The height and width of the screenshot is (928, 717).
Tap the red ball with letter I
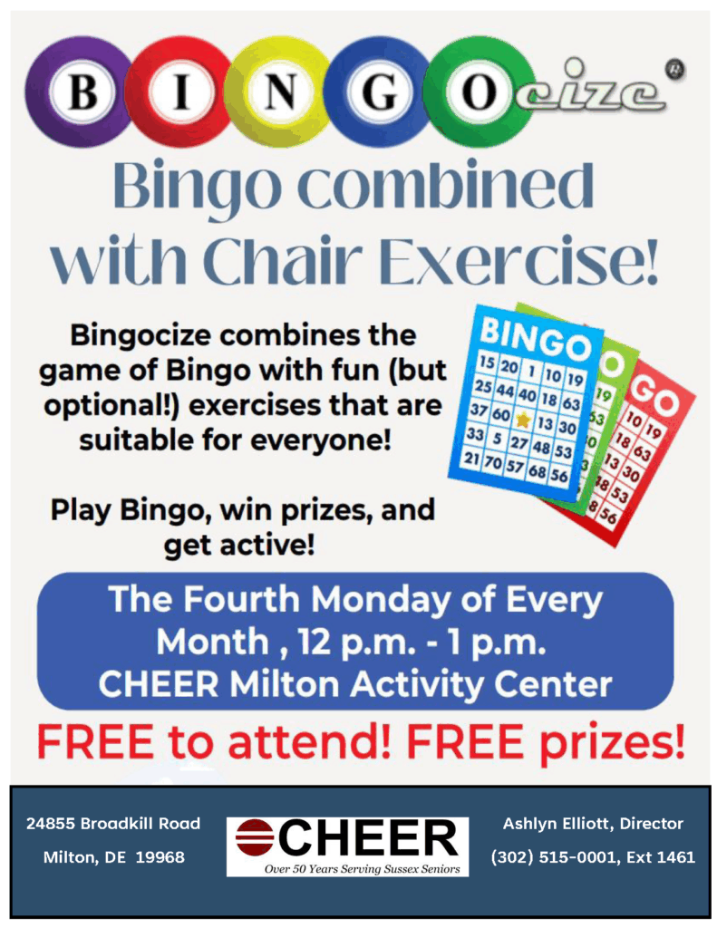180,92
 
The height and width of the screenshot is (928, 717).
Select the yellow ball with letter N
278,92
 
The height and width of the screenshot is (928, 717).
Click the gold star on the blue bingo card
522,420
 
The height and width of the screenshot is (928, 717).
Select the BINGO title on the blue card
535,339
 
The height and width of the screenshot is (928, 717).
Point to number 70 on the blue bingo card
492,463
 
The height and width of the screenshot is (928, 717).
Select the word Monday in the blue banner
382,600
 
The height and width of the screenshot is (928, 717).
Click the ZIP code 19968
160,857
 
